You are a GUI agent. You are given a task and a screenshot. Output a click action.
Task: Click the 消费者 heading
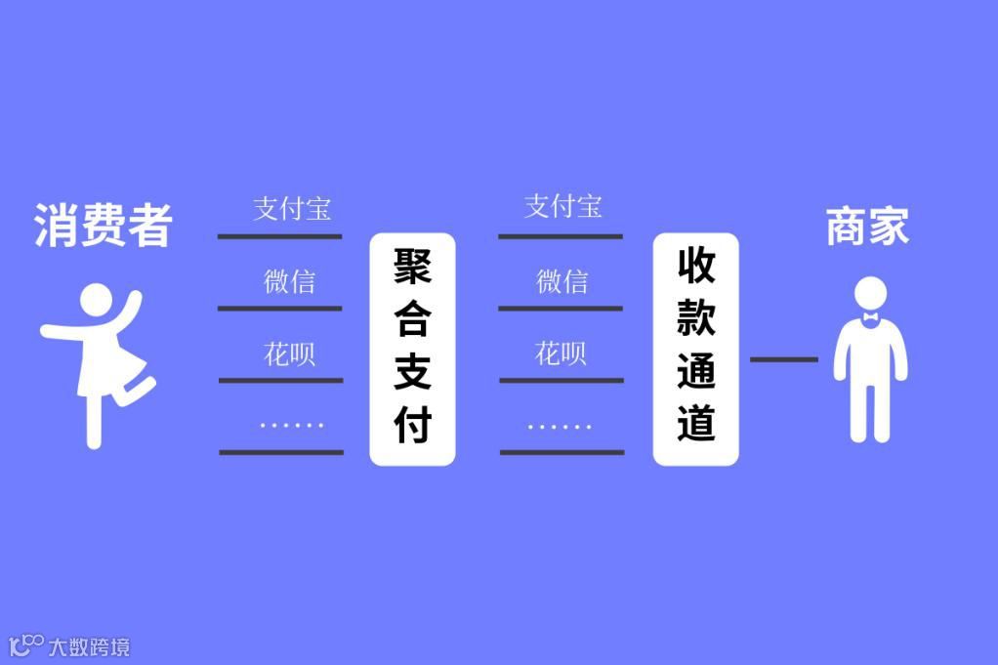tap(104, 226)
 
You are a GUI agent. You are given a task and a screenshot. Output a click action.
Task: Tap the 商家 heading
tap(867, 227)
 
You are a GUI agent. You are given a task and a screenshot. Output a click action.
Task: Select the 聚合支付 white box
tap(412, 349)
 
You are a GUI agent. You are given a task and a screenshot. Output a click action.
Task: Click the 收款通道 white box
tap(695, 349)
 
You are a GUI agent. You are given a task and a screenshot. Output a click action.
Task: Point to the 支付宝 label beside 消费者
tap(292, 209)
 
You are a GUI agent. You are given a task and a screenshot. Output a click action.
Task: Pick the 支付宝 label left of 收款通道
tap(563, 207)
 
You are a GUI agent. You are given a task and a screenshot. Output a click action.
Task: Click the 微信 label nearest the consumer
tap(289, 281)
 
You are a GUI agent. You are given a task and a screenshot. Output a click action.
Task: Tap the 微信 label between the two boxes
tap(562, 281)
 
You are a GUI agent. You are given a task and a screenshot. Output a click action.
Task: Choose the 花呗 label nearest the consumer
tap(289, 353)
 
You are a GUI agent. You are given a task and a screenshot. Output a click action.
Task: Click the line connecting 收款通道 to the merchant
tap(783, 359)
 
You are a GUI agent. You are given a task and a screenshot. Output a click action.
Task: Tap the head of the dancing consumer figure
tap(97, 302)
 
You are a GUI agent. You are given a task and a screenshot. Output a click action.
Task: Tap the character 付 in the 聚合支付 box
tap(412, 425)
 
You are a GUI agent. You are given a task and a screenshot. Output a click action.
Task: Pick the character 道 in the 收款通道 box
tap(695, 424)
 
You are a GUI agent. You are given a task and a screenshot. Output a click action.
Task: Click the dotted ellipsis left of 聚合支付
tap(291, 425)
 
